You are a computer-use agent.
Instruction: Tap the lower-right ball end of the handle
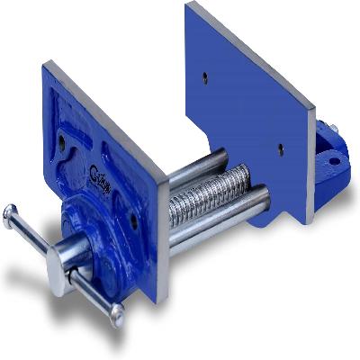click(116, 314)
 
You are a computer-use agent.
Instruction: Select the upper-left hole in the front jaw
click(61, 139)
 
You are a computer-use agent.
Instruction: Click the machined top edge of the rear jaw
click(252, 40)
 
